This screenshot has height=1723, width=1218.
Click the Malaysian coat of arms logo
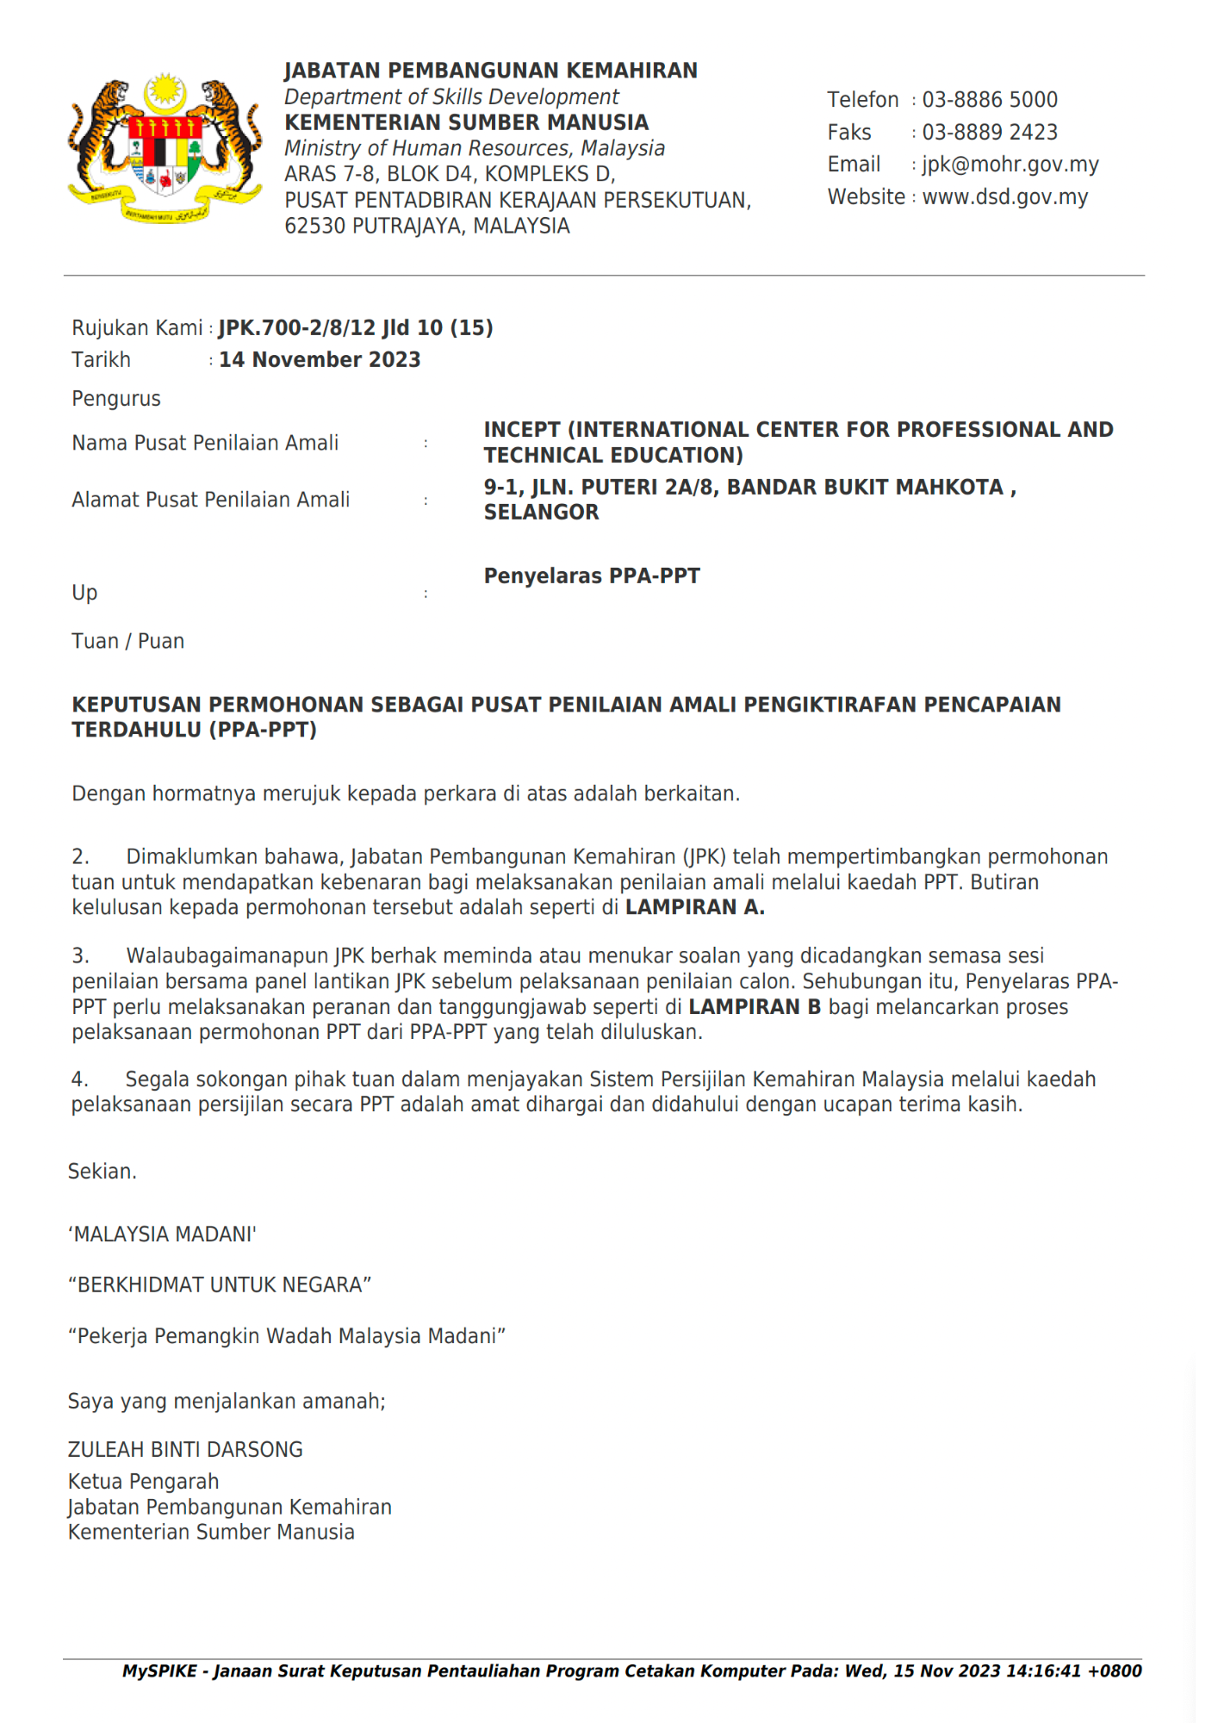(x=165, y=149)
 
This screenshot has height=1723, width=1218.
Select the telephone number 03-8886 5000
(x=990, y=100)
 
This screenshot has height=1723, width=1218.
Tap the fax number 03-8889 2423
(x=990, y=133)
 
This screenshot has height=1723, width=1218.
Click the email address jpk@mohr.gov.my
(x=1010, y=165)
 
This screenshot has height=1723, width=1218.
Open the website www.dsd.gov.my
(x=1005, y=197)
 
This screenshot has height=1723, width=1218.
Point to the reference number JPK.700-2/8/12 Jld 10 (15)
(x=356, y=328)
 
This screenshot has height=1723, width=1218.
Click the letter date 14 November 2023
(x=320, y=360)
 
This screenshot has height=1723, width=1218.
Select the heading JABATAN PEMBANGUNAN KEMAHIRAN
(x=491, y=71)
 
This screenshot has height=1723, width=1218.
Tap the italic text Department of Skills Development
(x=451, y=96)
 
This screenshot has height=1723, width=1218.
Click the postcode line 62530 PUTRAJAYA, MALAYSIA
(x=427, y=226)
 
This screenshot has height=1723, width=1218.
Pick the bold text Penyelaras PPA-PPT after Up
(x=592, y=576)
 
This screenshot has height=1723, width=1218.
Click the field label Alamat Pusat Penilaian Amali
(x=211, y=500)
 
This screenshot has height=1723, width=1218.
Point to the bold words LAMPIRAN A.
(x=695, y=907)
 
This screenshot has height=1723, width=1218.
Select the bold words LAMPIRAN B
(x=755, y=1007)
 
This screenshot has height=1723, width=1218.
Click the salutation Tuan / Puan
(x=128, y=641)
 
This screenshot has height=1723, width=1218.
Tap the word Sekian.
(x=103, y=1172)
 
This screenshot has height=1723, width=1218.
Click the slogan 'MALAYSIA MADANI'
(x=162, y=1235)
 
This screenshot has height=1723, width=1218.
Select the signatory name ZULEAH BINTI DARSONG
(x=185, y=1450)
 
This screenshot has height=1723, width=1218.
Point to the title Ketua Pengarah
(x=144, y=1482)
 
